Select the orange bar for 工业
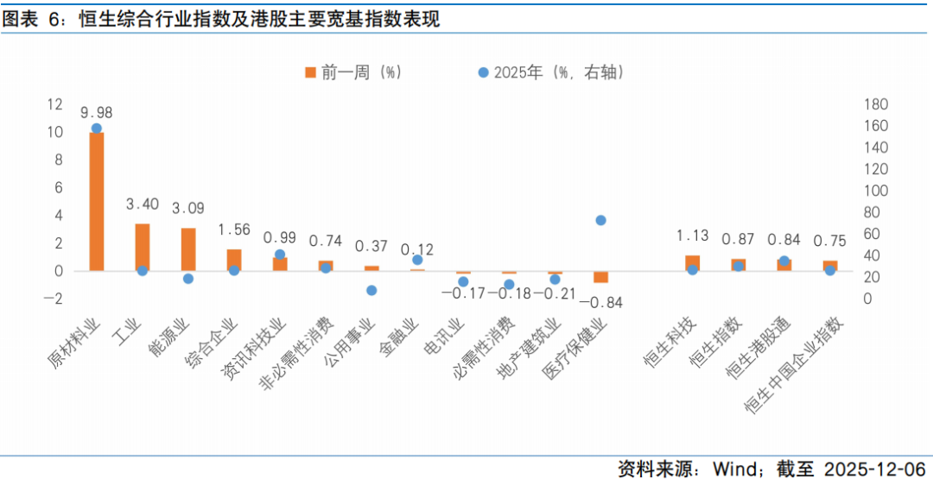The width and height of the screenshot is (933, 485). (x=143, y=247)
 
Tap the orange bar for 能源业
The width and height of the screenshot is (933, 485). (x=188, y=249)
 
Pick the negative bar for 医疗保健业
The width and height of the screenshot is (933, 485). (x=601, y=276)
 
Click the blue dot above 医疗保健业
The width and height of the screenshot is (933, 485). (x=601, y=220)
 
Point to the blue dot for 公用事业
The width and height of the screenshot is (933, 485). (x=371, y=291)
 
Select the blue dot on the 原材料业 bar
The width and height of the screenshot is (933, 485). (x=97, y=129)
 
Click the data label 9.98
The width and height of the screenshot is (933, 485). (x=97, y=113)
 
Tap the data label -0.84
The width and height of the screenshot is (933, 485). (x=601, y=302)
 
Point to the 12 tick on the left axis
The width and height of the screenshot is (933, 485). (x=55, y=104)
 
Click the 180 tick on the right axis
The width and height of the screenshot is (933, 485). (x=876, y=104)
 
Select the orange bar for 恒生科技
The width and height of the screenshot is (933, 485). (x=692, y=262)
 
